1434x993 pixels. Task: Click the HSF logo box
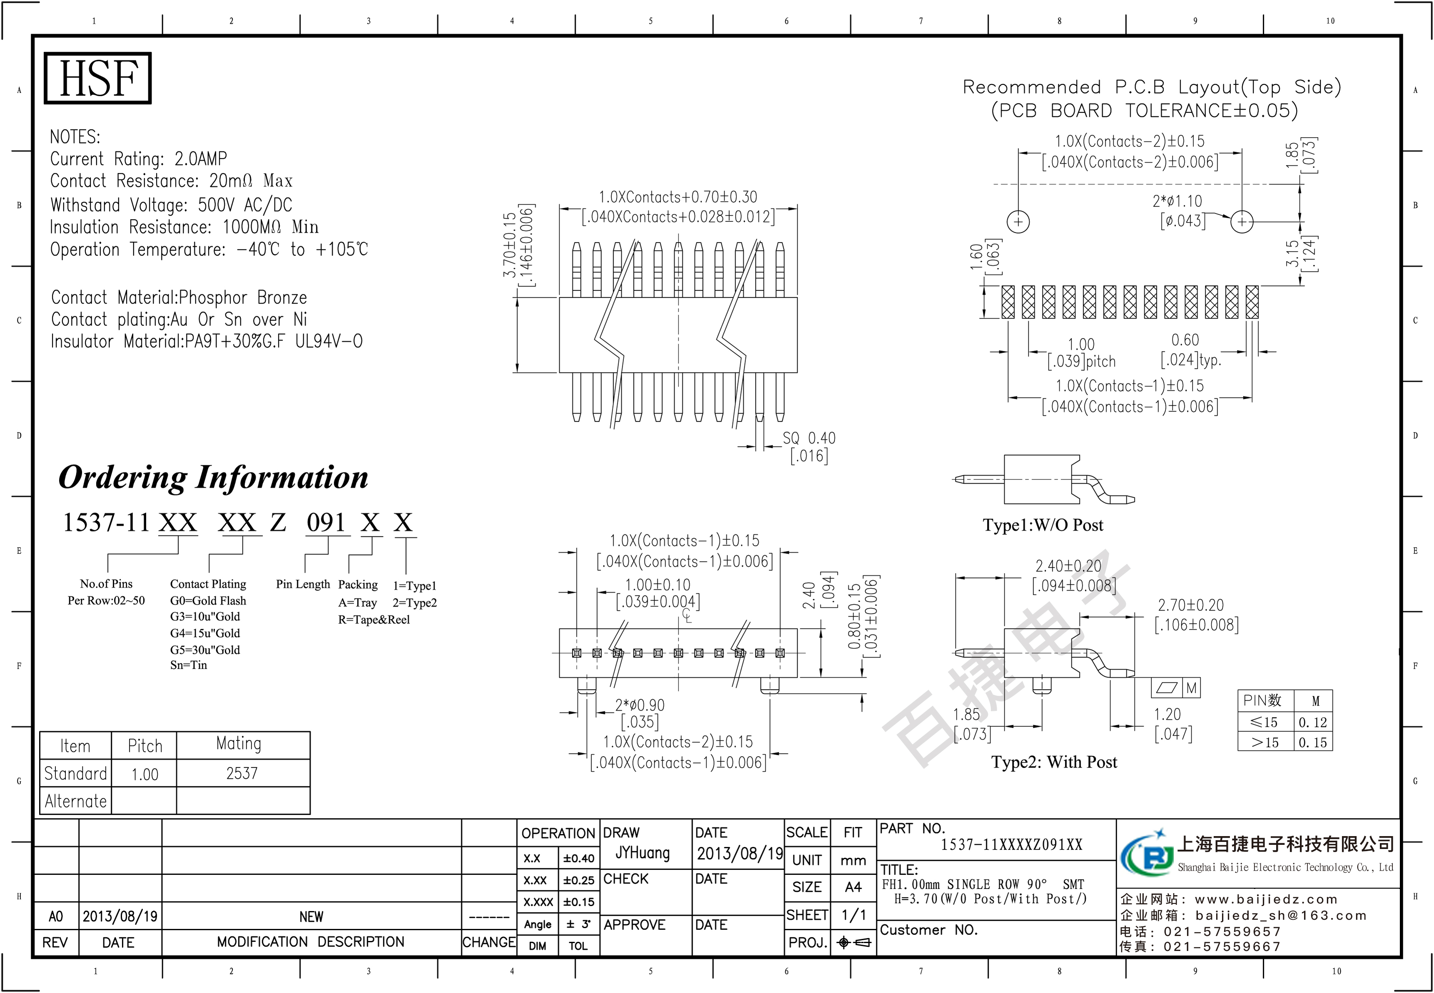pyautogui.click(x=98, y=78)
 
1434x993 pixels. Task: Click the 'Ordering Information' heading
pyautogui.click(x=213, y=478)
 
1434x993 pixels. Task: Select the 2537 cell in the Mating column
pyautogui.click(x=242, y=773)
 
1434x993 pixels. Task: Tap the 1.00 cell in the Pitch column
pyautogui.click(x=145, y=774)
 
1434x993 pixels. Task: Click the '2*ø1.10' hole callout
pyautogui.click(x=1177, y=201)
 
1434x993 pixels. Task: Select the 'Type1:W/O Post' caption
pyautogui.click(x=1042, y=525)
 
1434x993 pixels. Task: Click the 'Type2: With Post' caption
pyautogui.click(x=1054, y=762)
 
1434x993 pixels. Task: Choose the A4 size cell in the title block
pyautogui.click(x=853, y=887)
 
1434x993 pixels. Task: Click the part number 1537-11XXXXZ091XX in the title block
pyautogui.click(x=1011, y=845)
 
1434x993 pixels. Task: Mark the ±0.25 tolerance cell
pyautogui.click(x=579, y=880)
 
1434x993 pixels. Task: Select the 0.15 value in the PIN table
pyautogui.click(x=1312, y=742)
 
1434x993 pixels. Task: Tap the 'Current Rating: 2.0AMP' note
pyautogui.click(x=138, y=159)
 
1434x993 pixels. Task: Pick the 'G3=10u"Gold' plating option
pyautogui.click(x=205, y=617)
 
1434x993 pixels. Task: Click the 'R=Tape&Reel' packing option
pyautogui.click(x=374, y=620)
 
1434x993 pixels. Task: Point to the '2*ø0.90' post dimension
pyautogui.click(x=639, y=705)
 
